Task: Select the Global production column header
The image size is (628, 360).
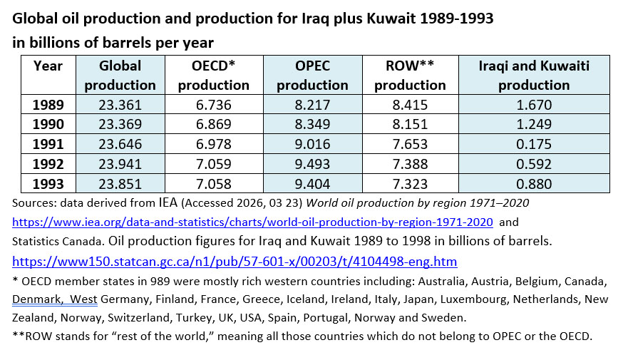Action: pyautogui.click(x=120, y=75)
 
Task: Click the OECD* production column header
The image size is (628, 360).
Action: pyautogui.click(x=213, y=75)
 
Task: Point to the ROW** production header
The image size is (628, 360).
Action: pyautogui.click(x=410, y=75)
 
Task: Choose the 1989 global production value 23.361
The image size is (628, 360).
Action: pyautogui.click(x=120, y=105)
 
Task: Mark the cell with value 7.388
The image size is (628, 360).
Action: pyautogui.click(x=410, y=165)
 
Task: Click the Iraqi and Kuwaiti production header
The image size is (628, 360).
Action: pyautogui.click(x=534, y=75)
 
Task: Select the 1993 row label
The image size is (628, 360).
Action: pyautogui.click(x=48, y=184)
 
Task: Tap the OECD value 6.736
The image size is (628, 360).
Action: pyautogui.click(x=213, y=105)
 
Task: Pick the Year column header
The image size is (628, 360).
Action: pyautogui.click(x=48, y=66)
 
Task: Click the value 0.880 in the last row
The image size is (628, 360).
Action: pyautogui.click(x=534, y=184)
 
